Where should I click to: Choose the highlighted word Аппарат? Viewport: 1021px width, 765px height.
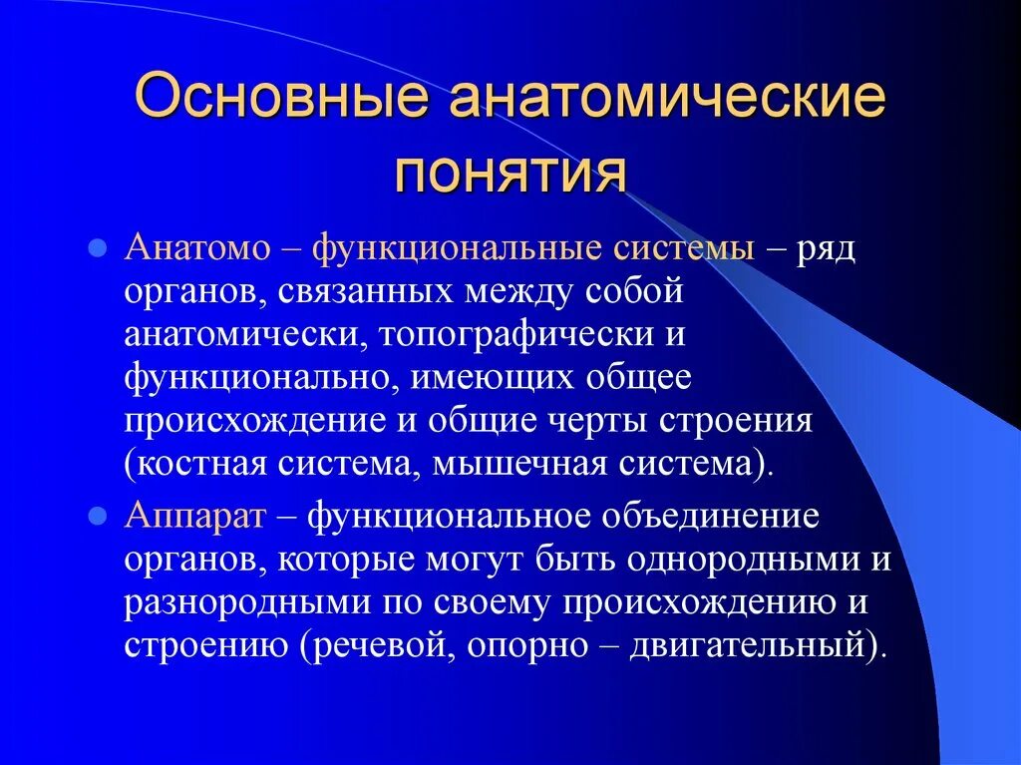(195, 517)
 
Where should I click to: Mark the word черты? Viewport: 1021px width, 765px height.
(597, 421)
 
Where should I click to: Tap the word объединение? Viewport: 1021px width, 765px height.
(707, 518)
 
